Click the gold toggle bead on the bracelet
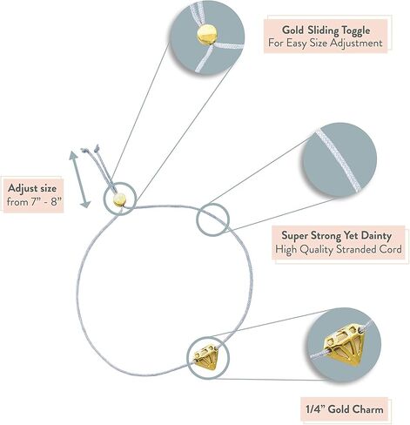pyautogui.click(x=119, y=199)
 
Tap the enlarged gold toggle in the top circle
pyautogui.click(x=207, y=35)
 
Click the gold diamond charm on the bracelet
pyautogui.click(x=206, y=357)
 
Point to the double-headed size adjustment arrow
pyautogui.click(x=79, y=179)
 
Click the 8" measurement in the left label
pyautogui.click(x=57, y=201)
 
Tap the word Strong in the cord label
pyautogui.click(x=324, y=236)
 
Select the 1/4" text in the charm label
pyautogui.click(x=315, y=409)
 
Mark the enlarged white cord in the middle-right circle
pyautogui.click(x=339, y=161)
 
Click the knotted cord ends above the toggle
pyautogui.click(x=91, y=150)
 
